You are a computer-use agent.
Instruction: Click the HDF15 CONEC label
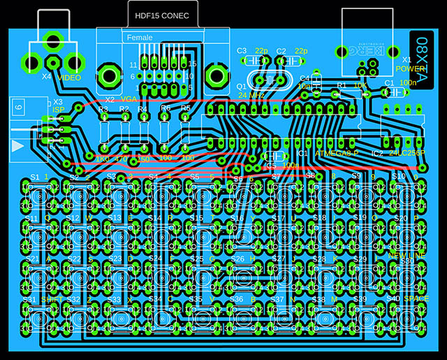(165, 15)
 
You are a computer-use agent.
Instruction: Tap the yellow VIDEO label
(70, 78)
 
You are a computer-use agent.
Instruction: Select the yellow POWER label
(410, 70)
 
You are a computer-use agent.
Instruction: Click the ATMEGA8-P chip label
(337, 153)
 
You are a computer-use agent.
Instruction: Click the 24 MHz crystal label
(251, 94)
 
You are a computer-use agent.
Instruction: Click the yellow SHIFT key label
(52, 299)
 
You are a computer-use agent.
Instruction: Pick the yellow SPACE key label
(416, 298)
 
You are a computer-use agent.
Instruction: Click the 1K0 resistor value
(102, 160)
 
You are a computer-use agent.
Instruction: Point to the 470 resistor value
(121, 160)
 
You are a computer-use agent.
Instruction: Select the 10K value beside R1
(360, 85)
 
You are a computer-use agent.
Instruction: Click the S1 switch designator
(34, 177)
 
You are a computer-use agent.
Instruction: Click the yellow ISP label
(59, 110)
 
